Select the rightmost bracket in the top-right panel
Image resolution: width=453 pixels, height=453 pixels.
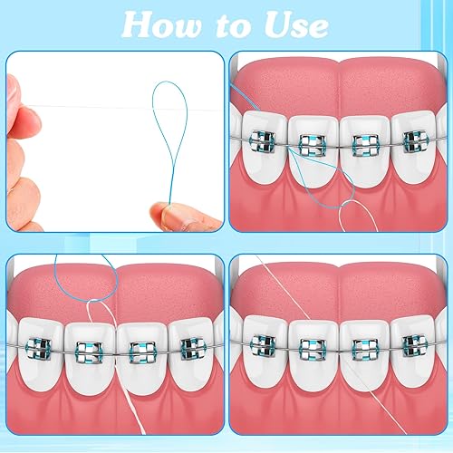(415, 141)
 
